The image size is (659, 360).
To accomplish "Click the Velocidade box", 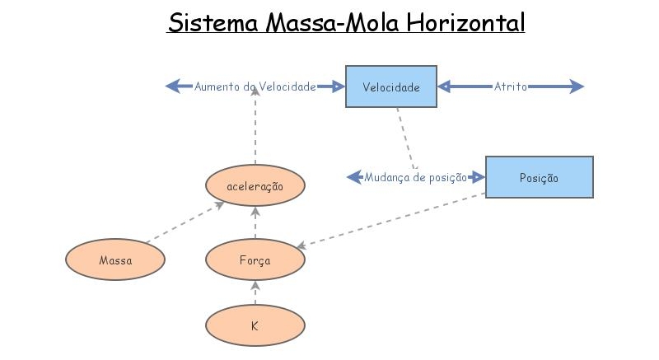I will [390, 86].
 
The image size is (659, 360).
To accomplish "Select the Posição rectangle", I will [539, 177].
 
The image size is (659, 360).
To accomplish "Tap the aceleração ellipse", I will [255, 187].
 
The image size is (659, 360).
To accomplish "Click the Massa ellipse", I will [115, 260].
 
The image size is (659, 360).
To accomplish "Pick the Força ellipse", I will [255, 260].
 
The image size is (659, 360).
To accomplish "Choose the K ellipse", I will [255, 325].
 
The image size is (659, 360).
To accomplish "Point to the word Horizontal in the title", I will [465, 22].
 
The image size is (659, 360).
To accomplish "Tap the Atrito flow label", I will [511, 86].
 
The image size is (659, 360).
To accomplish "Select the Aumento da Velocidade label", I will [255, 86].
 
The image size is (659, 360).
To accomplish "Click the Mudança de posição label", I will [416, 177].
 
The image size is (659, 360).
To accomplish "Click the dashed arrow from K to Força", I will [255, 292].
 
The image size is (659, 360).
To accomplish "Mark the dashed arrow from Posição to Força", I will [391, 221].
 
